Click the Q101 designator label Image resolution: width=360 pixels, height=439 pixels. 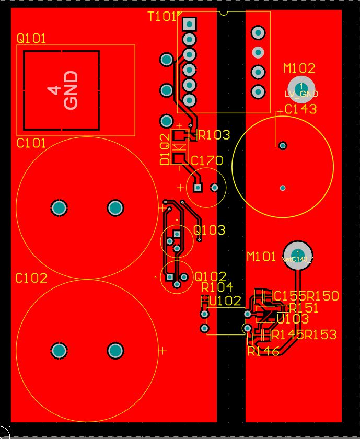point(31,39)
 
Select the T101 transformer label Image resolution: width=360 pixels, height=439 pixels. point(162,17)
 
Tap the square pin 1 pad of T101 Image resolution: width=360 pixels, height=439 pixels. point(189,24)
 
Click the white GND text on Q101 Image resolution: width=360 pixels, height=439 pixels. point(71,90)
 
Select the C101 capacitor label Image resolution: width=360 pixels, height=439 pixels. point(31,143)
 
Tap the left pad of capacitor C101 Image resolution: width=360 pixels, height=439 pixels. point(59,209)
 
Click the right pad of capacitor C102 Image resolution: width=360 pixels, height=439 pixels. point(115,351)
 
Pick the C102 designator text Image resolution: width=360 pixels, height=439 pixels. point(31,278)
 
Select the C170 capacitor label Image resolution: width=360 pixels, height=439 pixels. point(207,160)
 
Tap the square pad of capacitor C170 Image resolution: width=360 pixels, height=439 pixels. point(198,188)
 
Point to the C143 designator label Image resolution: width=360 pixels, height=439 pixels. point(301,109)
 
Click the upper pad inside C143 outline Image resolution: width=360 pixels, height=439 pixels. point(283,145)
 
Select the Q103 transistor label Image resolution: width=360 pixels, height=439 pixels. point(210,230)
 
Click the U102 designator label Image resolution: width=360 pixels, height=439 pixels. point(225,301)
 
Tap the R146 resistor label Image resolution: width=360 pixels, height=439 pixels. point(264,351)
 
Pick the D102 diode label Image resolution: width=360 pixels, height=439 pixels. point(165,149)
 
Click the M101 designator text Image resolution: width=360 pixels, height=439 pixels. point(261,257)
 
